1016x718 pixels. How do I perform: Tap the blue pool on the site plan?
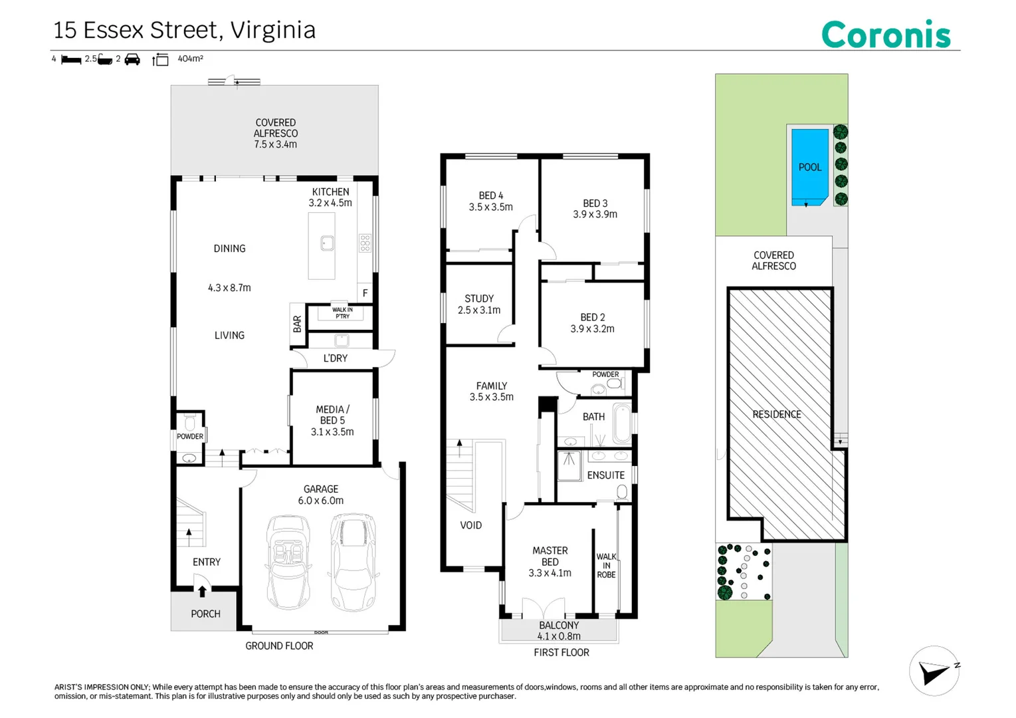809,168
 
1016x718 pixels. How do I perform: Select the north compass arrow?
934,671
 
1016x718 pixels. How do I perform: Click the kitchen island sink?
327,243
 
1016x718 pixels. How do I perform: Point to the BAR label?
297,324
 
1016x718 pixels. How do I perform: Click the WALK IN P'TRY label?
342,312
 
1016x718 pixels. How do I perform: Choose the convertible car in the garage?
288,562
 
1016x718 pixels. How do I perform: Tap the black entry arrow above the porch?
202,590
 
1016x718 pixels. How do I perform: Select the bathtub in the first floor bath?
623,423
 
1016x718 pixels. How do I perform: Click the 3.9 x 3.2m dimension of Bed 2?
592,328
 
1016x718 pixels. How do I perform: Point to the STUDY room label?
479,299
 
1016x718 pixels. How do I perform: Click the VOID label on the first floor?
471,525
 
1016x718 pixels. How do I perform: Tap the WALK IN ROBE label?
607,566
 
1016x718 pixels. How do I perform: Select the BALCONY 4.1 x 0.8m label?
559,631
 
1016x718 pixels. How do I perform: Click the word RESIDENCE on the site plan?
777,414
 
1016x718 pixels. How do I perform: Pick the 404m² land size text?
191,59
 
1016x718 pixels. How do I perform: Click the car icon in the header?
132,59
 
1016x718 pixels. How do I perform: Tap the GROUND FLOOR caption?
279,646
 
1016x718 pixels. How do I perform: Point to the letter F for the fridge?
365,293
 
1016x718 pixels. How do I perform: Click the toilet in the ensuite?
623,492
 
